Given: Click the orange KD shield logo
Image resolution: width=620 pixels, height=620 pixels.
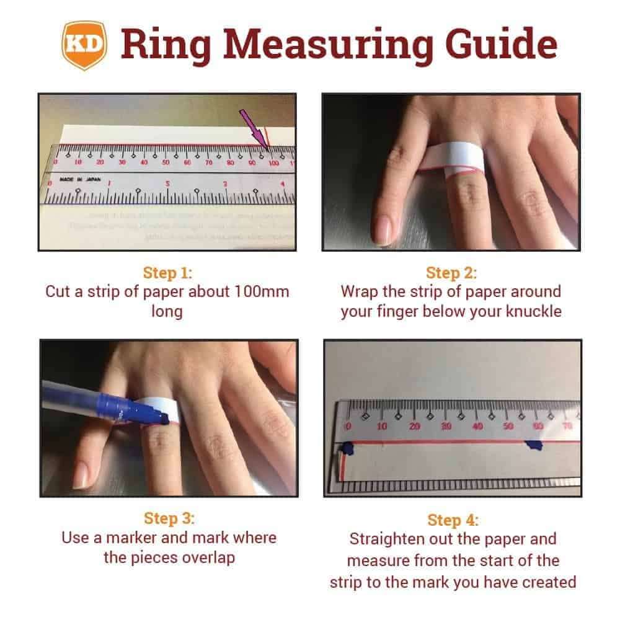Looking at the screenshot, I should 85,45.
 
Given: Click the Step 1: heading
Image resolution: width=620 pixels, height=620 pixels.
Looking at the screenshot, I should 167,273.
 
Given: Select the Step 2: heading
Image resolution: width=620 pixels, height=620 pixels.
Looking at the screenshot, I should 451,273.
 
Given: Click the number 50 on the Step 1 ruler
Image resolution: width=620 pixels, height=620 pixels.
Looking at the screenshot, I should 166,162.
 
